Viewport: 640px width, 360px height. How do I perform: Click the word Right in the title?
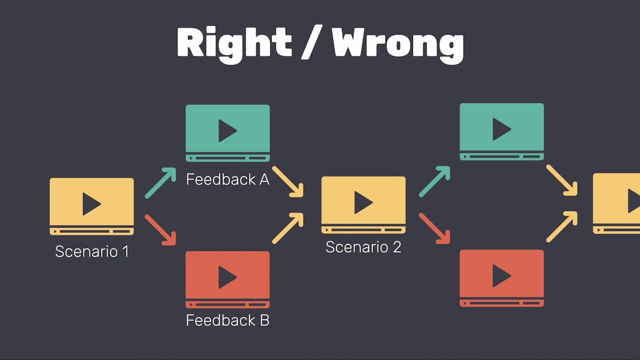tap(234, 43)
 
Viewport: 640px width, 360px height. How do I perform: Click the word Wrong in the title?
tap(398, 44)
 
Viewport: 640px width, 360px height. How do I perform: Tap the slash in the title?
tap(312, 43)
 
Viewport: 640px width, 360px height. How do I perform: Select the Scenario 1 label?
tap(92, 251)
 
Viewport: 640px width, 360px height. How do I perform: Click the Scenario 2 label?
tap(363, 247)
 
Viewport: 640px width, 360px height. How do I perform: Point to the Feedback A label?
tap(227, 179)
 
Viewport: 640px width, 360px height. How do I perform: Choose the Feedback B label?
tap(227, 320)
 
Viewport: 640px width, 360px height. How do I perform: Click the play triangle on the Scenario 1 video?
tap(91, 204)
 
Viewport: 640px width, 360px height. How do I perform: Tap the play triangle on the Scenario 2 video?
tap(363, 202)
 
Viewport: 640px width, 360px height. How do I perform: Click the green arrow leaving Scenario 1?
tap(160, 182)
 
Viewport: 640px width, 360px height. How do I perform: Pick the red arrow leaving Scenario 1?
tap(160, 230)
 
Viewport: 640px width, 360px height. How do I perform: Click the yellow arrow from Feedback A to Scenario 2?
tap(288, 181)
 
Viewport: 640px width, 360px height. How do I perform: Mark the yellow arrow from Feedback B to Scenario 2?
tap(288, 228)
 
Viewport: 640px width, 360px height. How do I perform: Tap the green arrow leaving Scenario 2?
tap(434, 181)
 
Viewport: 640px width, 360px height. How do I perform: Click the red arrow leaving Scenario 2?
tap(434, 228)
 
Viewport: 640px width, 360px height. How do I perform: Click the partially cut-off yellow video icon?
tap(616, 203)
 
